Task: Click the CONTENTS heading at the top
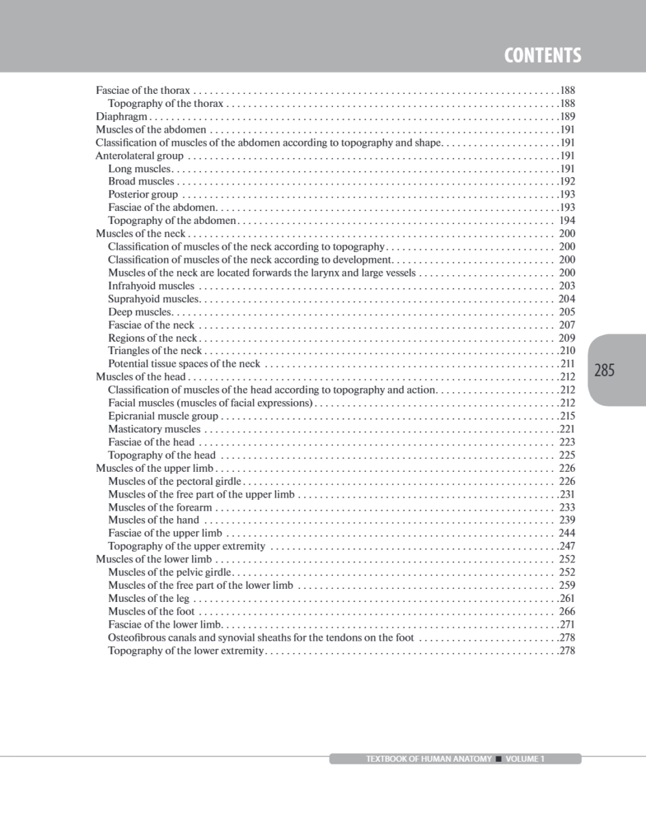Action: pyautogui.click(x=543, y=55)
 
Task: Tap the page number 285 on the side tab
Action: pyautogui.click(x=604, y=370)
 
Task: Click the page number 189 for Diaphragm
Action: pyautogui.click(x=567, y=116)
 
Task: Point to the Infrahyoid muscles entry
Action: pyautogui.click(x=151, y=286)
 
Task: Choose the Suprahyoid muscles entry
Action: pyautogui.click(x=153, y=299)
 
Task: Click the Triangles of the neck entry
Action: pyautogui.click(x=155, y=351)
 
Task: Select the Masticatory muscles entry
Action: pyautogui.click(x=155, y=429)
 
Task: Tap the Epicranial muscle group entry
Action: pyautogui.click(x=163, y=416)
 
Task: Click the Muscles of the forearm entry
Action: pyautogui.click(x=161, y=507)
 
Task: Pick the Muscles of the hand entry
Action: pyautogui.click(x=154, y=520)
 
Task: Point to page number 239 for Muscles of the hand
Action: pyautogui.click(x=567, y=520)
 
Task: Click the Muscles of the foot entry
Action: pyautogui.click(x=151, y=611)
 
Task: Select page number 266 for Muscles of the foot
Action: pyautogui.click(x=567, y=611)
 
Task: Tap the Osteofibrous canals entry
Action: pyautogui.click(x=261, y=638)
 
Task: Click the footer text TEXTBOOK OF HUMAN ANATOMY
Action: pyautogui.click(x=429, y=759)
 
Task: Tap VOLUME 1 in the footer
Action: pyautogui.click(x=525, y=759)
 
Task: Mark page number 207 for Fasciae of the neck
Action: pyautogui.click(x=567, y=325)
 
